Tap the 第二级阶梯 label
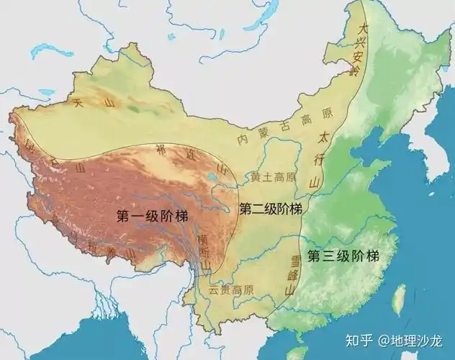click(270, 209)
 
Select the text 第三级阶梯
click(343, 255)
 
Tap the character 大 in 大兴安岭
click(364, 29)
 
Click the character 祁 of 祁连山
click(160, 150)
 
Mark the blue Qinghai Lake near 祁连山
click(213, 175)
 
